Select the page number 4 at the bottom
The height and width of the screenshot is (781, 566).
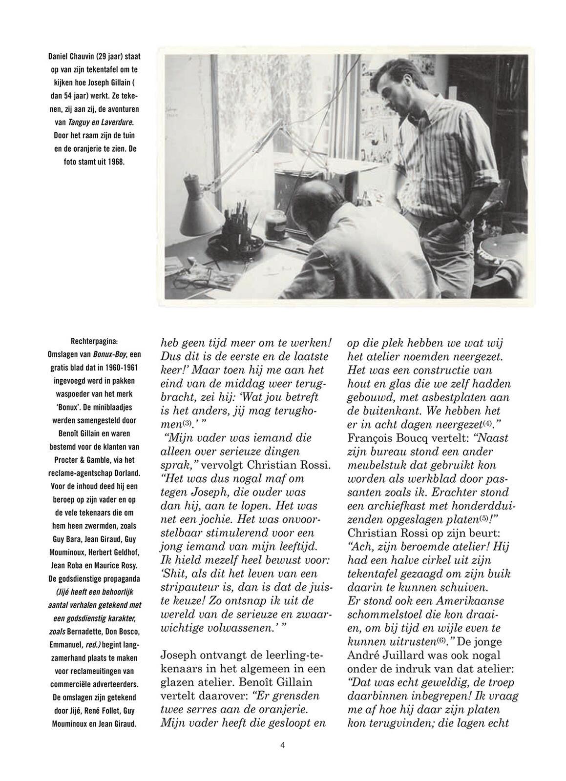pyautogui.click(x=283, y=745)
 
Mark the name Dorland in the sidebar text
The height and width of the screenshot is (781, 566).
pyautogui.click(x=125, y=473)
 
